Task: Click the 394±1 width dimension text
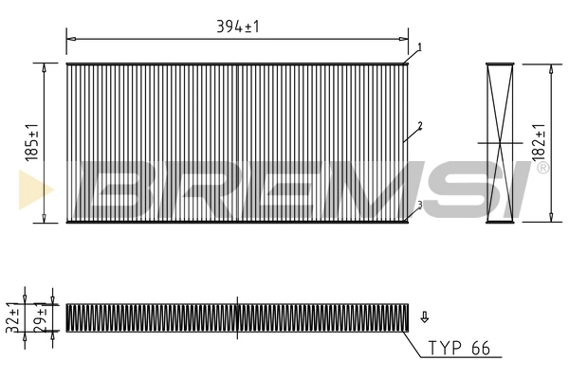pos(238,27)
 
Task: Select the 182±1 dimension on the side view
pos(539,142)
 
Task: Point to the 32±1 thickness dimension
pos(13,316)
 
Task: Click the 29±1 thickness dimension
pos(39,316)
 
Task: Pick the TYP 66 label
pos(458,349)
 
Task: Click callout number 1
pos(418,46)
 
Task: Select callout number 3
pos(418,205)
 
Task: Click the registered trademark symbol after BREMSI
pos(541,169)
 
